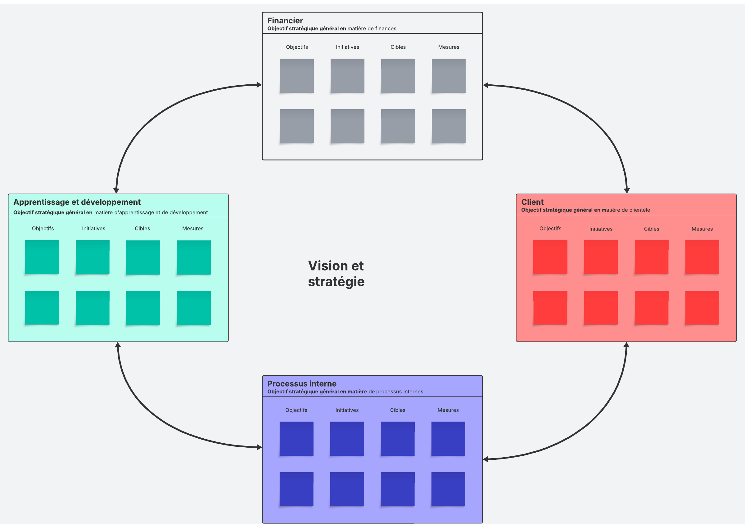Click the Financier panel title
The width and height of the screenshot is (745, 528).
(285, 20)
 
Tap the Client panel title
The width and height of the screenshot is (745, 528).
(532, 202)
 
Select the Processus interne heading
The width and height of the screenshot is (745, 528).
(302, 384)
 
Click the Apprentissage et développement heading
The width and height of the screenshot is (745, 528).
(77, 202)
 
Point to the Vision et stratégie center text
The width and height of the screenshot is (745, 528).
(336, 273)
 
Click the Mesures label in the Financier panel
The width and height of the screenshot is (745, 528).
(448, 47)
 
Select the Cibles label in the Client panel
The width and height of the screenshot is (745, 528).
(651, 229)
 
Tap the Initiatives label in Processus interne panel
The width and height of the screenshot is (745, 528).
(347, 410)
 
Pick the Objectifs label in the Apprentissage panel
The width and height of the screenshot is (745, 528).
(43, 229)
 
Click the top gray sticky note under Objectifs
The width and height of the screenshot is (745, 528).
(297, 76)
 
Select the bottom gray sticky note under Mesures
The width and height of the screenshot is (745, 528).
(448, 126)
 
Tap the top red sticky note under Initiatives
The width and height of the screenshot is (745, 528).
(601, 257)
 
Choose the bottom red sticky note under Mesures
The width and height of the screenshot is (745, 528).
(702, 307)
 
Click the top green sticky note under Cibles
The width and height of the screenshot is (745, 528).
(143, 257)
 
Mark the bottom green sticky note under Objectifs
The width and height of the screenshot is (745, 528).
(42, 307)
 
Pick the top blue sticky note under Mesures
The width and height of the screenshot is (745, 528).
(448, 439)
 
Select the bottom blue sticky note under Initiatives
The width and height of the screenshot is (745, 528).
(347, 489)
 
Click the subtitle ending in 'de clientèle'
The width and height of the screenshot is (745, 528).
(585, 210)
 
